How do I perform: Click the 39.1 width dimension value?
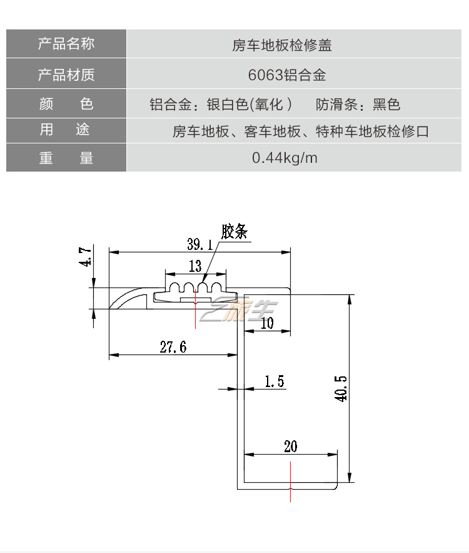(199, 244)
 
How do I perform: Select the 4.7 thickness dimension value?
(86, 257)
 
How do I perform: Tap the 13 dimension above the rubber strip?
(195, 266)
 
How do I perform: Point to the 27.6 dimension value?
(173, 348)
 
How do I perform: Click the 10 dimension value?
(267, 323)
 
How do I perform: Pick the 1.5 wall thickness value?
(274, 381)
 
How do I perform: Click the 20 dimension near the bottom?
(290, 446)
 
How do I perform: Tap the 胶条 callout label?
(234, 232)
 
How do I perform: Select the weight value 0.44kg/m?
(285, 158)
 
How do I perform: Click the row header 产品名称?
(66, 44)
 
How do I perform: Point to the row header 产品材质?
(66, 75)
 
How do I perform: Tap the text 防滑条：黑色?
(358, 104)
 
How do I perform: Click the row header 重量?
(66, 158)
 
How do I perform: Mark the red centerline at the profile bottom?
(291, 482)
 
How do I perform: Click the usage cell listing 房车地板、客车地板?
(300, 132)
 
